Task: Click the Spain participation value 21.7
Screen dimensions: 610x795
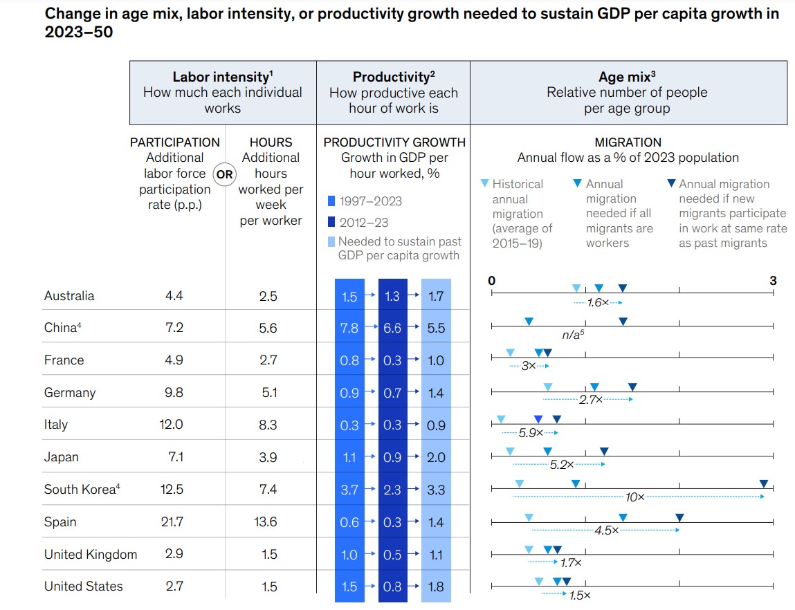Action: point(172,522)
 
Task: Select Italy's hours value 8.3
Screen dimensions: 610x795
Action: point(268,425)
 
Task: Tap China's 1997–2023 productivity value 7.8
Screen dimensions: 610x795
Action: point(349,329)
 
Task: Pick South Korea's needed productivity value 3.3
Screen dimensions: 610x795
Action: point(436,490)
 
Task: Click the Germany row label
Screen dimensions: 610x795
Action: point(69,393)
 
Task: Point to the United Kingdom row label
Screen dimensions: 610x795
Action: point(91,555)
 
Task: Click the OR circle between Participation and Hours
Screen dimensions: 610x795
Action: point(224,174)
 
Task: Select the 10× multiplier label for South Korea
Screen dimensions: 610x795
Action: point(634,497)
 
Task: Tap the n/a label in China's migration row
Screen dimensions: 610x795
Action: point(572,335)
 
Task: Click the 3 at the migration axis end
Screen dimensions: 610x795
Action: point(773,281)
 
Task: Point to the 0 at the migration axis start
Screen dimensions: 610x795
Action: point(491,281)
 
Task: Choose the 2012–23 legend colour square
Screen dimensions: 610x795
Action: point(331,223)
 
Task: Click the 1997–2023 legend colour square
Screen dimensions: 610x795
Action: point(331,201)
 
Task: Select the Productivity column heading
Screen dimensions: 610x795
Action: point(393,77)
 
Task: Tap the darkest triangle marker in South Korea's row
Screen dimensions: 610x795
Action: point(763,484)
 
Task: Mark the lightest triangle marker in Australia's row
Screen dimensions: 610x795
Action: point(576,288)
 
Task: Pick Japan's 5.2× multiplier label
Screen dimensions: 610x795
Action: point(561,465)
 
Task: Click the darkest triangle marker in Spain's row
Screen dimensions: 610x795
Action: point(679,517)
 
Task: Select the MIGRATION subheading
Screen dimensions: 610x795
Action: point(628,142)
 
